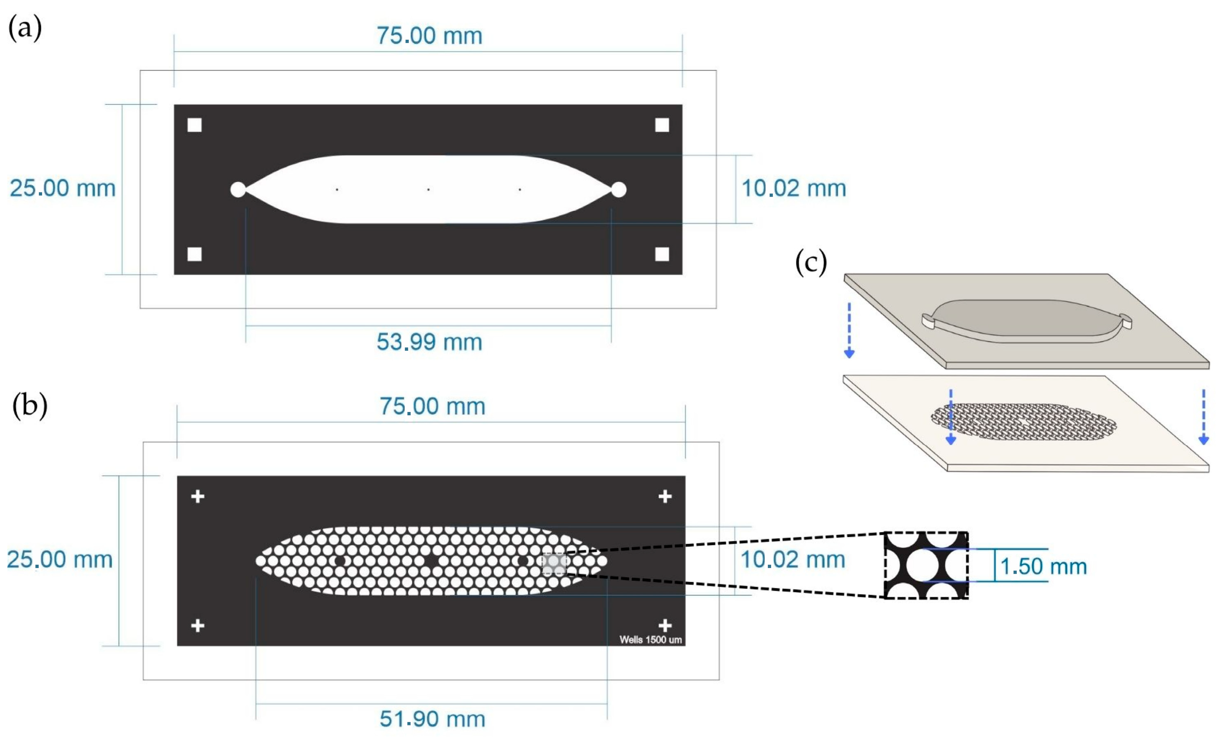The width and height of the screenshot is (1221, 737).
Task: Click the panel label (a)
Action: [x=25, y=28]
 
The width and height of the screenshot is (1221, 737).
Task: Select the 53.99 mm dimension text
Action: [x=429, y=342]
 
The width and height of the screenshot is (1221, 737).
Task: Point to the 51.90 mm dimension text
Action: [x=432, y=719]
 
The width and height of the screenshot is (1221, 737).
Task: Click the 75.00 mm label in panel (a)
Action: [x=429, y=36]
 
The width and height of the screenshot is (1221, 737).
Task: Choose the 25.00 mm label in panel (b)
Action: [x=59, y=560]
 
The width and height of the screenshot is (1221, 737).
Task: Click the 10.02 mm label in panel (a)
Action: [x=793, y=188]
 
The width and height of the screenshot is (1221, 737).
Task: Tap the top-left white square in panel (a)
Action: [x=195, y=125]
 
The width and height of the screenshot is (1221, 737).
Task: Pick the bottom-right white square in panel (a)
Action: [x=662, y=254]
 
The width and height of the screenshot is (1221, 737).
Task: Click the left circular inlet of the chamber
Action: [x=238, y=189]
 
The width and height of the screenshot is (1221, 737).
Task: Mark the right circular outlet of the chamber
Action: [x=618, y=189]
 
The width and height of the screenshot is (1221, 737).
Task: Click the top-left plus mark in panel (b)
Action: [x=198, y=496]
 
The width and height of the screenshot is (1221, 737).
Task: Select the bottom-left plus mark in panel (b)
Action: [x=198, y=626]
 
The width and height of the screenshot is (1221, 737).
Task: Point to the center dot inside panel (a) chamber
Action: [x=428, y=189]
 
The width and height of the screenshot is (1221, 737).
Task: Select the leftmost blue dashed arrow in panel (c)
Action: [x=849, y=330]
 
